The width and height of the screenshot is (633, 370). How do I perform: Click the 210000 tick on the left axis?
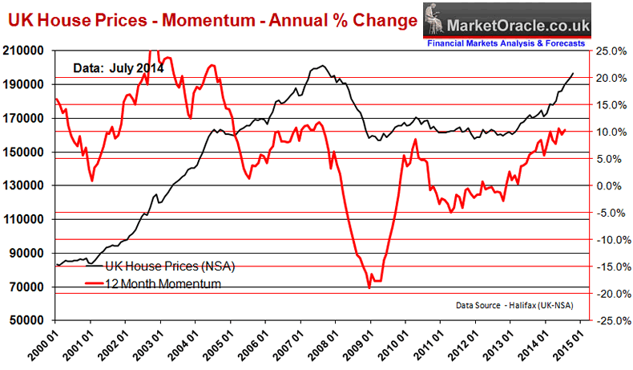[25, 51]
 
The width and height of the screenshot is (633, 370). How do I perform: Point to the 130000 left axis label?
[25, 185]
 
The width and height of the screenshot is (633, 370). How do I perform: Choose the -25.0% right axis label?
[609, 320]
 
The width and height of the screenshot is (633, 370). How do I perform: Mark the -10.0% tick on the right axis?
[609, 239]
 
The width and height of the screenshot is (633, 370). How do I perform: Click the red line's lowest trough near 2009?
[369, 287]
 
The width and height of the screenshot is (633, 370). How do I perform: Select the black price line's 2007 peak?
[322, 66]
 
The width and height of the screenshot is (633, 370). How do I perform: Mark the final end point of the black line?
[573, 73]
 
